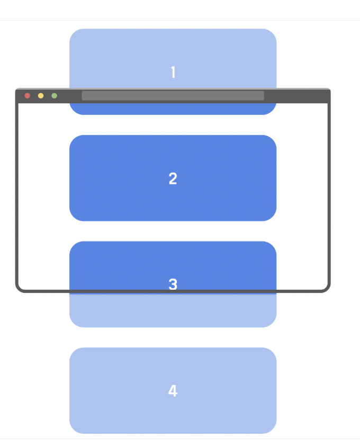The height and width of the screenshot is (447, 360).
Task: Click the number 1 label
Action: point(173,73)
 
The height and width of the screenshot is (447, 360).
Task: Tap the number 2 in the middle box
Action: point(173,179)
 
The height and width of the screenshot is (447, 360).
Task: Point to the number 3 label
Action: point(173,284)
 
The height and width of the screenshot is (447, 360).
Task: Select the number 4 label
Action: point(173,391)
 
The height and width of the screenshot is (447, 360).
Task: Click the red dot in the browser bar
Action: point(27,96)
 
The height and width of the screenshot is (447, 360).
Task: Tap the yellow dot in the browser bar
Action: point(41,96)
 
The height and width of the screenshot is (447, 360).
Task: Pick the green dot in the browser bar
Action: point(54,96)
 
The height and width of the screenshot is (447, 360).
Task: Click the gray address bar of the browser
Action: point(173,96)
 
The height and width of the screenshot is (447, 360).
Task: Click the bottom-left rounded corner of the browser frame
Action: point(20,288)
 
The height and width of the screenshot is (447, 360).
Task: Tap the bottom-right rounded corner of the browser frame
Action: point(327,288)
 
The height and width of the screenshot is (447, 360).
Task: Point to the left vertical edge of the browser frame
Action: point(17,196)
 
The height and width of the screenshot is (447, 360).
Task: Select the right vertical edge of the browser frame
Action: point(329,196)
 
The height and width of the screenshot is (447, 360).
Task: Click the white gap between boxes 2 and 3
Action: point(173,231)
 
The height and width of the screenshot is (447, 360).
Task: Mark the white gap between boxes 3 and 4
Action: point(173,337)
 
